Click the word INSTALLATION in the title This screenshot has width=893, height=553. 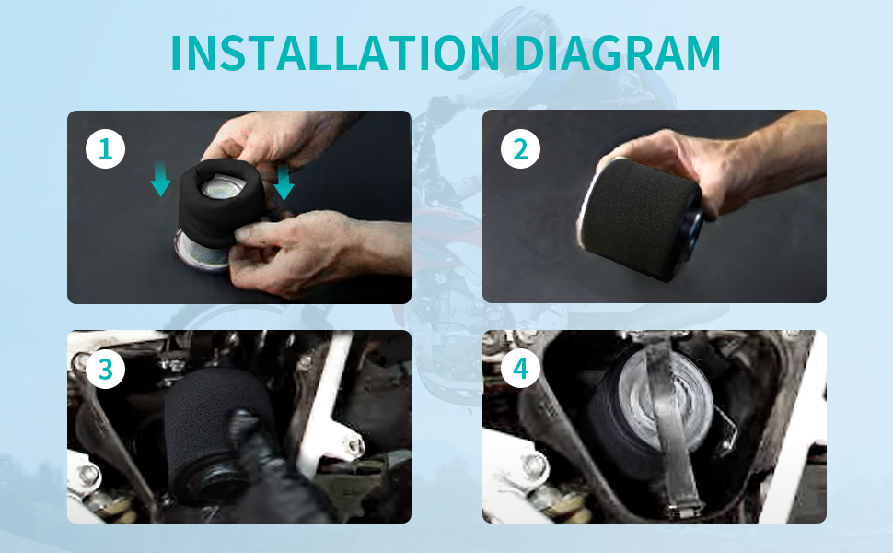coord(335,53)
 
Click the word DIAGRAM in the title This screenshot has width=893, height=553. coord(618,53)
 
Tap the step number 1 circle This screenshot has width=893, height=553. coord(105,149)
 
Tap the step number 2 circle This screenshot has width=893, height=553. coord(520,149)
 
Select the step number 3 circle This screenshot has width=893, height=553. coord(105,369)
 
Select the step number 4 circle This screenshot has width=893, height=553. coord(520,369)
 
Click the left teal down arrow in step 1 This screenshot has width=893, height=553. coord(160,179)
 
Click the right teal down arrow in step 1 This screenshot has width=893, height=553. coord(284,182)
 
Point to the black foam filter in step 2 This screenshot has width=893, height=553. coord(638,219)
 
